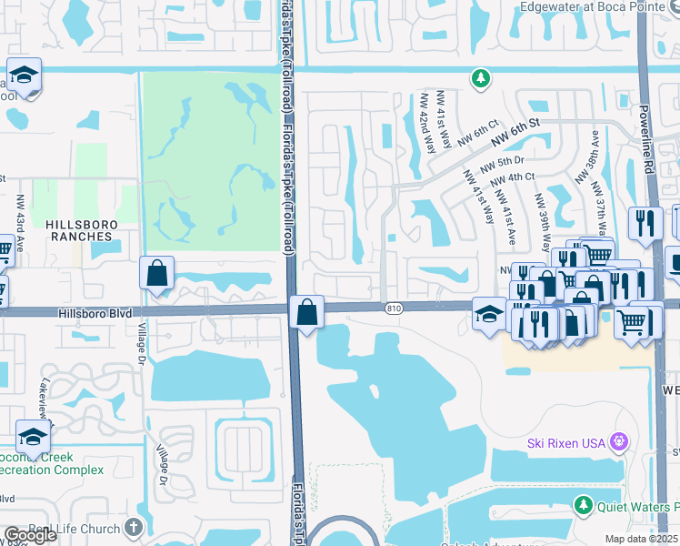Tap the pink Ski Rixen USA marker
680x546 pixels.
point(620,443)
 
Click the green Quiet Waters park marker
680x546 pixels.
point(584,505)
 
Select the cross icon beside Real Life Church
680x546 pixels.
point(134,528)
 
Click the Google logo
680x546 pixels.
point(29,535)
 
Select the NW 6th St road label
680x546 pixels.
point(516,131)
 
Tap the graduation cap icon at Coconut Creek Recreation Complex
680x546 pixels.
point(33,436)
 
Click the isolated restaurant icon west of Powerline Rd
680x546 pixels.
point(645,223)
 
